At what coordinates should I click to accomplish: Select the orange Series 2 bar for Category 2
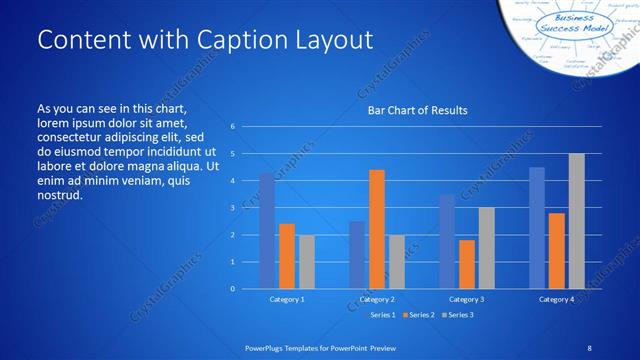377,229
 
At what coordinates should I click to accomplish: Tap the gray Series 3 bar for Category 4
577,221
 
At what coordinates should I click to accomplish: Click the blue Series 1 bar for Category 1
267,231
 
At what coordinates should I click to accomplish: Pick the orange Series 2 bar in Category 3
467,264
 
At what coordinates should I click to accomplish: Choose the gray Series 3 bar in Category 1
307,262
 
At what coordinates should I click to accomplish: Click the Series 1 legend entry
382,315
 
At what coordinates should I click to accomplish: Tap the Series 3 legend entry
459,315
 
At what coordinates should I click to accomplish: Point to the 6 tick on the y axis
232,127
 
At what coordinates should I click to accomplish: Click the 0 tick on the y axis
232,289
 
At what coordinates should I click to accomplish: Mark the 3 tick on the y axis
232,208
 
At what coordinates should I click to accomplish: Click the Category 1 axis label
287,299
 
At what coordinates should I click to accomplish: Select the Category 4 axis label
557,299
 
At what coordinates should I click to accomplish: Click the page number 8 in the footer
589,347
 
